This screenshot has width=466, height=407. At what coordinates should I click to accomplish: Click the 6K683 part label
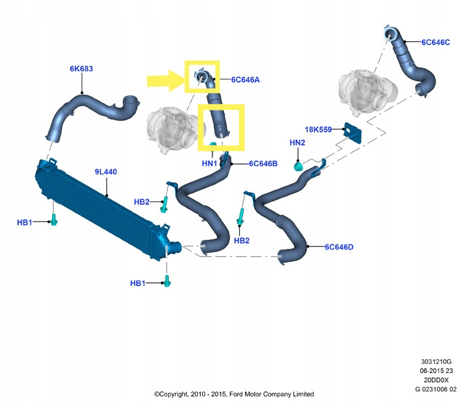(81, 69)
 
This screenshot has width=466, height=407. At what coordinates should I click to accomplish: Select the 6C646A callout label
(245, 80)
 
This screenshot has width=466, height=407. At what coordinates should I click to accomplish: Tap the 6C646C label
(436, 42)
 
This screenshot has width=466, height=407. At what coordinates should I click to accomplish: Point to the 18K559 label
(318, 129)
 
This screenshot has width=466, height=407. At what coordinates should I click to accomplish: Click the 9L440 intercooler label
(106, 172)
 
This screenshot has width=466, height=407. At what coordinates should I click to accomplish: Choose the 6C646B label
(263, 163)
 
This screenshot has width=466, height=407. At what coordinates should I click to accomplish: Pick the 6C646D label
(339, 247)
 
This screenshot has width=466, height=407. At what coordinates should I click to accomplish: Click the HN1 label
(210, 163)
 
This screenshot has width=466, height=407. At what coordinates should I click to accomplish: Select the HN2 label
(297, 142)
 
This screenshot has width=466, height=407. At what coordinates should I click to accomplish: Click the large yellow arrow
(166, 80)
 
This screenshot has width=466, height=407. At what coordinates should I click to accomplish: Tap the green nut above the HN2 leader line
(298, 167)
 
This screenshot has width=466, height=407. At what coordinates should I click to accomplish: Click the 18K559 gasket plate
(353, 133)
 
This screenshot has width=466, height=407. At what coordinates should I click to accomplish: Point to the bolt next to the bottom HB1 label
(167, 281)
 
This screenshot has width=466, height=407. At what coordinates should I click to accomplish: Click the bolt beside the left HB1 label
(54, 220)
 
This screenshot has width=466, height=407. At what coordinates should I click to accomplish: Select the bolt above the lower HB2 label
(240, 217)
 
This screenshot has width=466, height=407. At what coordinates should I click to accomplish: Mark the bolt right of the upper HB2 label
(164, 204)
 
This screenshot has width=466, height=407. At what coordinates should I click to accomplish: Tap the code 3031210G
(436, 361)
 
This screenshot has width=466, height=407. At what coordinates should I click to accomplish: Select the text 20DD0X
(436, 380)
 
